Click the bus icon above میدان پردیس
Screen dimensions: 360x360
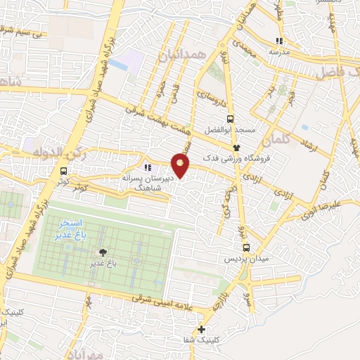pyautogui.click(x=245, y=247)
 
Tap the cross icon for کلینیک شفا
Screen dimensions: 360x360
pyautogui.click(x=202, y=328)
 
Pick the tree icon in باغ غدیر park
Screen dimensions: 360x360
pyautogui.click(x=104, y=252)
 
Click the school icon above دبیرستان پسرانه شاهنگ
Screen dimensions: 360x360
pyautogui.click(x=148, y=167)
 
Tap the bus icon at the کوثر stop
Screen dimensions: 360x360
pyautogui.click(x=64, y=170)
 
